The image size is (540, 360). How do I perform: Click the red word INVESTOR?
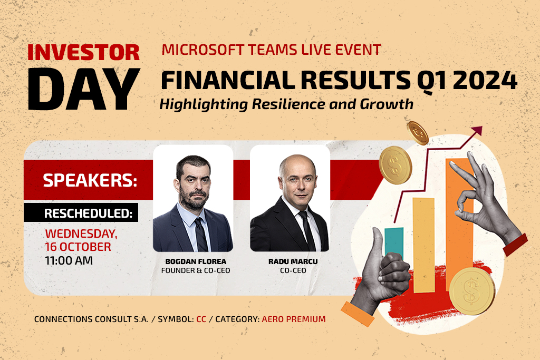click(83, 52)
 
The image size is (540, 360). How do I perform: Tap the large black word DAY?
click(84, 90)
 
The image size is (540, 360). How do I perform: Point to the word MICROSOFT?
click(203, 50)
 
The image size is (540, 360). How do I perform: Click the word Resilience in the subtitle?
click(288, 104)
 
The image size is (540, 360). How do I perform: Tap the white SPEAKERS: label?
click(90, 180)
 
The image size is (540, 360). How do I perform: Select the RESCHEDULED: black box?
click(81, 213)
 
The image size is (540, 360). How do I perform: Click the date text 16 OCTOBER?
click(78, 247)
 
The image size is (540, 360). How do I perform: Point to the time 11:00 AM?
click(69, 260)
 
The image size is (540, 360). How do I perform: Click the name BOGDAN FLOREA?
click(196, 261)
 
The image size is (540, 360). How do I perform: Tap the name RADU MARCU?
click(293, 261)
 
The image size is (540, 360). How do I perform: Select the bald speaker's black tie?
click(307, 230)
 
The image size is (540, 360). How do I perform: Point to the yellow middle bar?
click(423, 245)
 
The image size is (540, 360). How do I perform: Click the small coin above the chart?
click(418, 132)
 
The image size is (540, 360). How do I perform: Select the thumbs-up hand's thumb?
click(378, 245)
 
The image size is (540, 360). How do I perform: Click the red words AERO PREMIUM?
click(294, 319)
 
